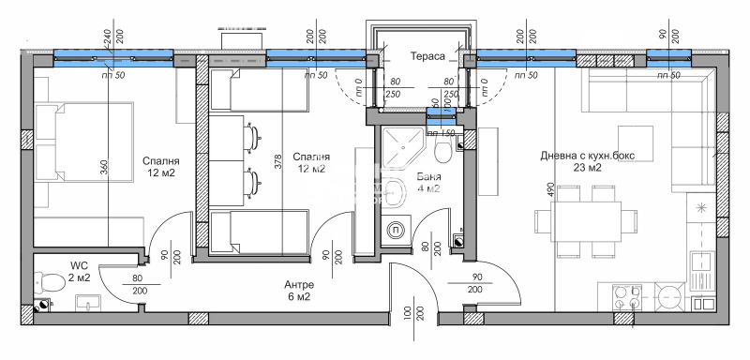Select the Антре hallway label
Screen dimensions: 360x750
click(300, 284)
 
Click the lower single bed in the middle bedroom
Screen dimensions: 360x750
click(258, 232)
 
